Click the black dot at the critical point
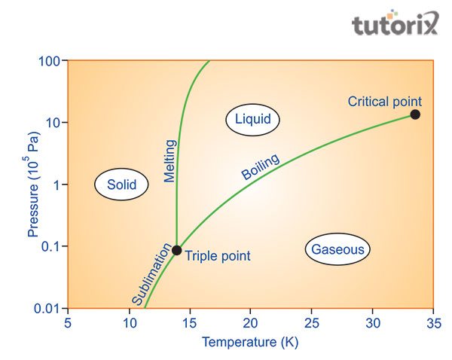(x=415, y=114)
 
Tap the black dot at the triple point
(x=176, y=250)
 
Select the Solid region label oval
(x=121, y=184)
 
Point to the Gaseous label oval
(x=338, y=249)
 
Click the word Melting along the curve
(x=169, y=161)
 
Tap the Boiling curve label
(x=261, y=166)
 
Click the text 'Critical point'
(x=384, y=101)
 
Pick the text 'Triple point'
(x=217, y=256)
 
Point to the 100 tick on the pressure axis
(x=50, y=60)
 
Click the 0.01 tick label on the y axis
(x=47, y=309)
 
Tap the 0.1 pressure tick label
(x=51, y=246)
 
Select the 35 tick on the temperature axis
(x=432, y=323)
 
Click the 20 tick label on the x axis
(x=250, y=323)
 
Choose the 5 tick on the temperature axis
(x=68, y=323)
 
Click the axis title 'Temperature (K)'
(x=249, y=343)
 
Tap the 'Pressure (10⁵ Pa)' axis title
(x=33, y=185)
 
